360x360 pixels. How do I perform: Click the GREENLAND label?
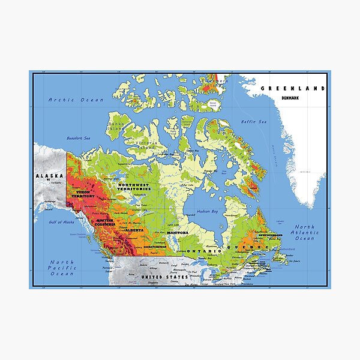coord(292,88)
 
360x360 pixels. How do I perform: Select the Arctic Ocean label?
coord(76,100)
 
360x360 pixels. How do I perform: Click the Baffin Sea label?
coord(254,123)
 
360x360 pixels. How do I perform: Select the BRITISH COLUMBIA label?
coord(104,223)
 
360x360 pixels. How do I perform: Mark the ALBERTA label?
coord(134,230)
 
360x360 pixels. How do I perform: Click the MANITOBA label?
coord(178,232)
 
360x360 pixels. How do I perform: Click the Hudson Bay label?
coord(206,212)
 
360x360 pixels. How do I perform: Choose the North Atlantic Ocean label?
coord(305,233)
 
